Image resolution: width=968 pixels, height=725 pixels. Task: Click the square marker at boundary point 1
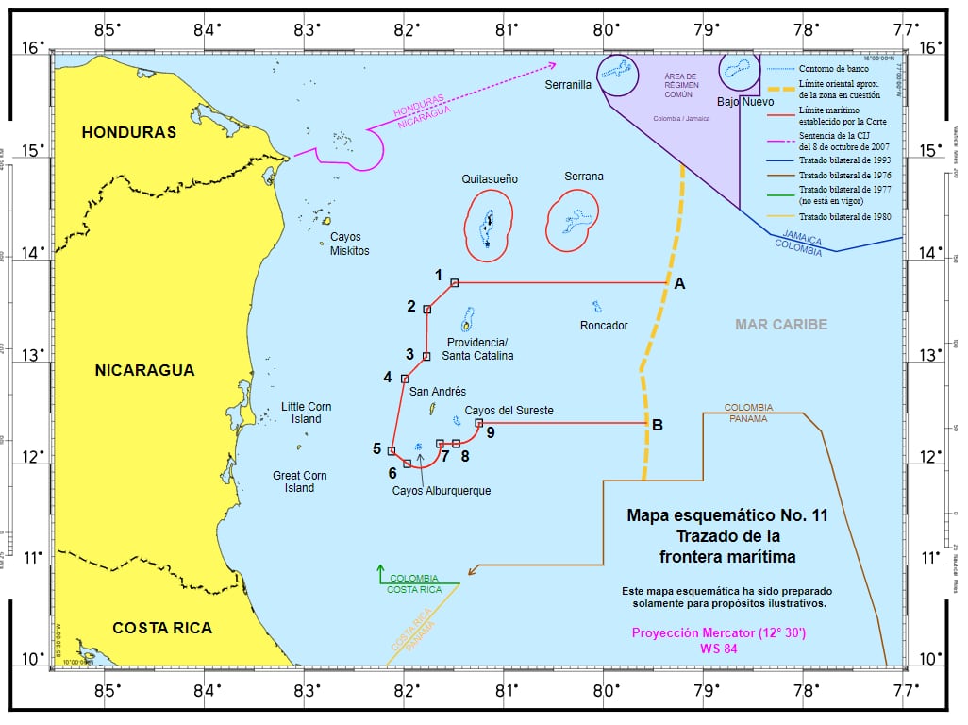click(454, 282)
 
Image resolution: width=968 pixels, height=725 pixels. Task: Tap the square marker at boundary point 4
click(405, 379)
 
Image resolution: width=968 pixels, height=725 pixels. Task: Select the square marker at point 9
click(478, 423)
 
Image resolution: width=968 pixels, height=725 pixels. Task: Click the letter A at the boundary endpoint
click(678, 282)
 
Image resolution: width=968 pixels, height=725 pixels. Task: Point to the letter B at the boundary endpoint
click(657, 425)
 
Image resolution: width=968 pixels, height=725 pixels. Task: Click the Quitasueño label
click(490, 178)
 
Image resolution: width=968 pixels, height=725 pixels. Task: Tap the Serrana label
click(584, 177)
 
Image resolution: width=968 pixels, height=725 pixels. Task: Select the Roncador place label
click(604, 326)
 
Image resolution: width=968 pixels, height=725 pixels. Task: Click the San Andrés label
click(437, 391)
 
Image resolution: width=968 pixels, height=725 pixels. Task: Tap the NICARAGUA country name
click(144, 370)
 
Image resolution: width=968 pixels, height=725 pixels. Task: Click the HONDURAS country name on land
click(128, 132)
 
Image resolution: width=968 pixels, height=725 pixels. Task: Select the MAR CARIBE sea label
click(781, 325)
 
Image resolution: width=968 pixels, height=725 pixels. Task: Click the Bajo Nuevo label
click(744, 101)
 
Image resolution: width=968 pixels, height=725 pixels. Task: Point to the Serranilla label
click(568, 85)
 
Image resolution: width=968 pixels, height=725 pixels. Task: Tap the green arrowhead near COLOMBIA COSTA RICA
click(380, 568)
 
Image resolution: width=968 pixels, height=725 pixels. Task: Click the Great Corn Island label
click(299, 481)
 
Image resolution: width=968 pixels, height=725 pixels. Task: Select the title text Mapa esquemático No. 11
click(726, 515)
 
